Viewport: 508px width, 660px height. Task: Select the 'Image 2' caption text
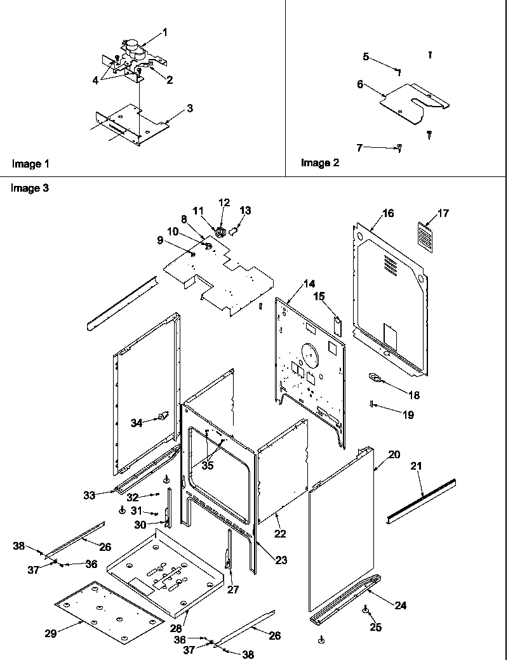pyautogui.click(x=320, y=163)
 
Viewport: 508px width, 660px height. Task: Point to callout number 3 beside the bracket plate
pyautogui.click(x=189, y=109)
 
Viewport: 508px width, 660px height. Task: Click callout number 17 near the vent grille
pyautogui.click(x=443, y=214)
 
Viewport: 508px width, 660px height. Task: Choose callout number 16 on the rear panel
pyautogui.click(x=387, y=214)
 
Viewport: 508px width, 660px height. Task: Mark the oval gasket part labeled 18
pyautogui.click(x=375, y=379)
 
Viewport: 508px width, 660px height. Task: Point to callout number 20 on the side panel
pyautogui.click(x=394, y=454)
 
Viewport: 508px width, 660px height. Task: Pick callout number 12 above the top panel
pyautogui.click(x=224, y=202)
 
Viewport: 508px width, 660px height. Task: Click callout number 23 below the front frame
pyautogui.click(x=281, y=560)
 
